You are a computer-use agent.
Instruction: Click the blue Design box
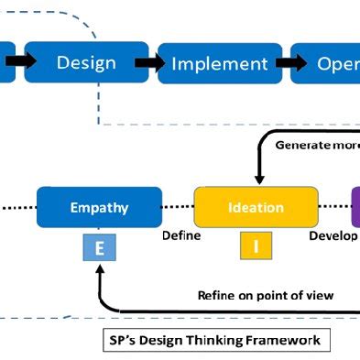[x=86, y=62]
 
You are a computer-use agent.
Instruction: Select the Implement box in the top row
[x=219, y=63]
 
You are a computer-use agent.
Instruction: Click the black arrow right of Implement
[x=291, y=63]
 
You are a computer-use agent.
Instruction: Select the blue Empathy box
[x=99, y=207]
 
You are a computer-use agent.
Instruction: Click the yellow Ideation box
[x=256, y=207]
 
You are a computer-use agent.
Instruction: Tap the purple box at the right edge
[x=355, y=207]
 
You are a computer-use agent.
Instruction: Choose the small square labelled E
[x=99, y=248]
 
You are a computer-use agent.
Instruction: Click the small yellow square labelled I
[x=256, y=245]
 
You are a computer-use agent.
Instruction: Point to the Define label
[x=181, y=235]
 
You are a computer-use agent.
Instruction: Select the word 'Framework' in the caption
[x=286, y=340]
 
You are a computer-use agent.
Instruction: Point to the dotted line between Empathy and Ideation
[x=178, y=207]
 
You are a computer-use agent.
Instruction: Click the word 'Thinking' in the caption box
[x=216, y=340]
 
